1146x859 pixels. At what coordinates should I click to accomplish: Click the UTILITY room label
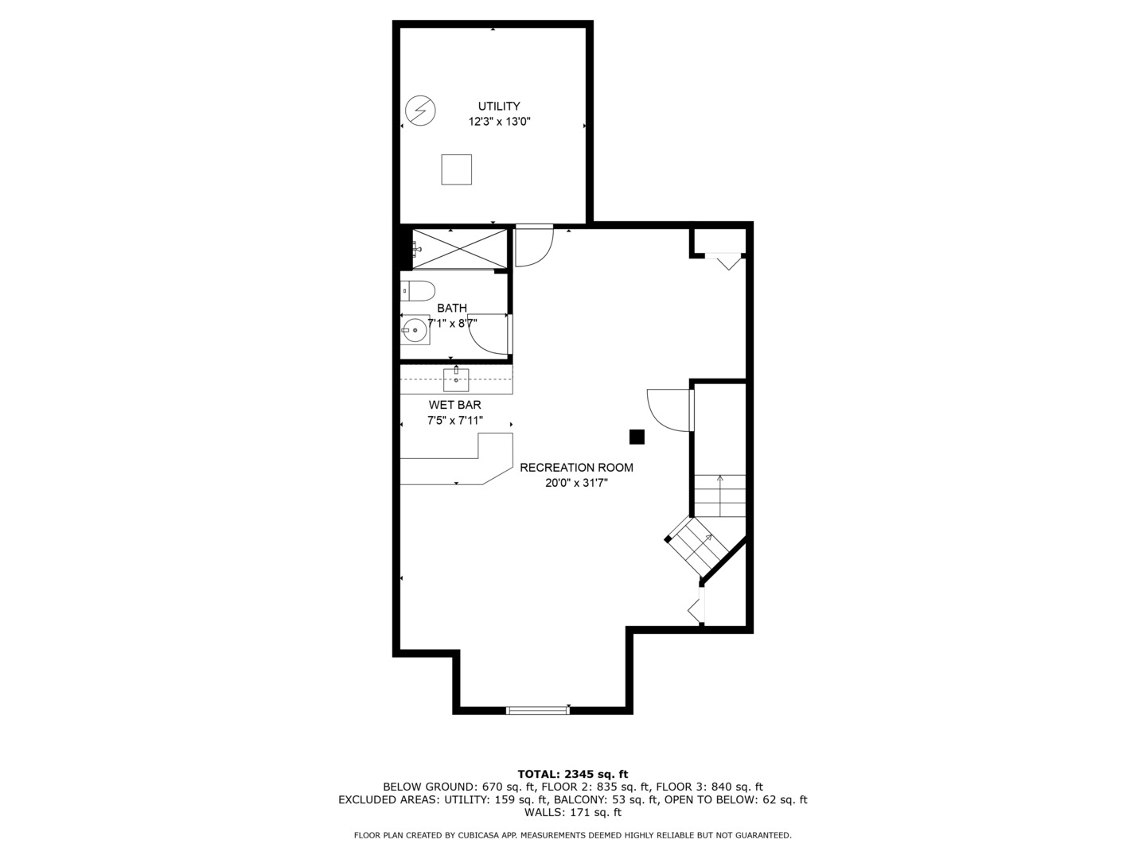(x=499, y=106)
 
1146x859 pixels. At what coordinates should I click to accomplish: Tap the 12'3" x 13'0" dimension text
(x=499, y=122)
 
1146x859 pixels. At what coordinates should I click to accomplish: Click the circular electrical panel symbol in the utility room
(x=420, y=110)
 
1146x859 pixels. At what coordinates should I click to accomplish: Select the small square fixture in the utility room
(x=456, y=169)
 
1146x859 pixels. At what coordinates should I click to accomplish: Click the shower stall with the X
(x=459, y=248)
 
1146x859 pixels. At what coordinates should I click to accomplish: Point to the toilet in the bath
(x=417, y=290)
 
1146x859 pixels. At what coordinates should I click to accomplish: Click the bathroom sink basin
(x=415, y=329)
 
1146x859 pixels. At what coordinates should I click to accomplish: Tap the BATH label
(x=451, y=308)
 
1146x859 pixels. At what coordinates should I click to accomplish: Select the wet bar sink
(x=456, y=379)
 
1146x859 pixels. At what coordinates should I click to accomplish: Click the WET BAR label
(x=454, y=405)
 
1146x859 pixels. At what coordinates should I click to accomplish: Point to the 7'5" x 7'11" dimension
(x=454, y=421)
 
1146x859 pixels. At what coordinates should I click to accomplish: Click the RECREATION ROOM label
(x=576, y=468)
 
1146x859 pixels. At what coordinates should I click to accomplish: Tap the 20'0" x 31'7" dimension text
(x=576, y=483)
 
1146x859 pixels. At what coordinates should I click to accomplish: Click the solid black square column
(x=637, y=437)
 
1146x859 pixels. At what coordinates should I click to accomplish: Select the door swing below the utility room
(x=532, y=247)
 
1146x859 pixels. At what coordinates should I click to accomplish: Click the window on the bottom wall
(x=538, y=709)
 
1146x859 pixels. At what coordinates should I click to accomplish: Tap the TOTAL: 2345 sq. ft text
(x=572, y=774)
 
